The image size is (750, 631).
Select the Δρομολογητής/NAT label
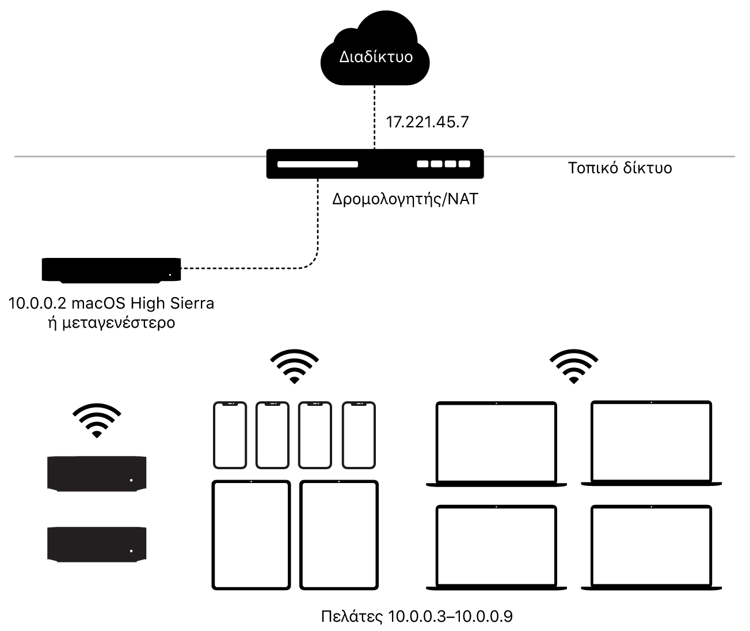pos(405,200)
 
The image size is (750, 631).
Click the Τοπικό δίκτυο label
pos(620,168)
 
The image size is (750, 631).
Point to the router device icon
pos(375,164)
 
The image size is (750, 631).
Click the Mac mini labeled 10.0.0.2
pos(111,269)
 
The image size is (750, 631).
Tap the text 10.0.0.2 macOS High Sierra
pos(111,303)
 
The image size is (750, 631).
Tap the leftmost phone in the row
pos(230,435)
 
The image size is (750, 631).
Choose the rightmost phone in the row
pos(359,435)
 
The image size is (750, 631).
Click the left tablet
pos(252,535)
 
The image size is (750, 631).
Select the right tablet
pos(340,535)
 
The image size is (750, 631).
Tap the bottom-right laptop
pos(652,547)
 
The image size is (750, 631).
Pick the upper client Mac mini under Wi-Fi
pos(97,474)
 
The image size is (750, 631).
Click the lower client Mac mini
pos(97,543)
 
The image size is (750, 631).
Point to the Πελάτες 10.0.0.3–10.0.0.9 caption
pos(416,617)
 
